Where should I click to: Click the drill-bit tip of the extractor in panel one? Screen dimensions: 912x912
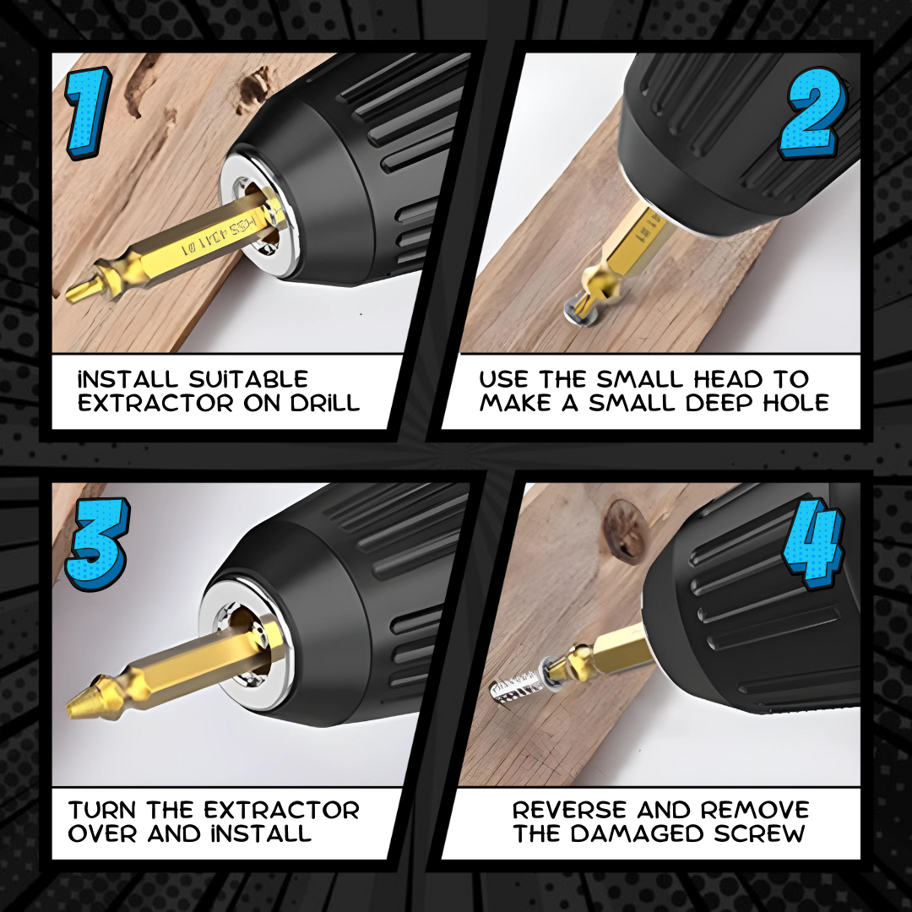(79, 290)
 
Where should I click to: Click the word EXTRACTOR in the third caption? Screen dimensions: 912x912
(281, 810)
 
